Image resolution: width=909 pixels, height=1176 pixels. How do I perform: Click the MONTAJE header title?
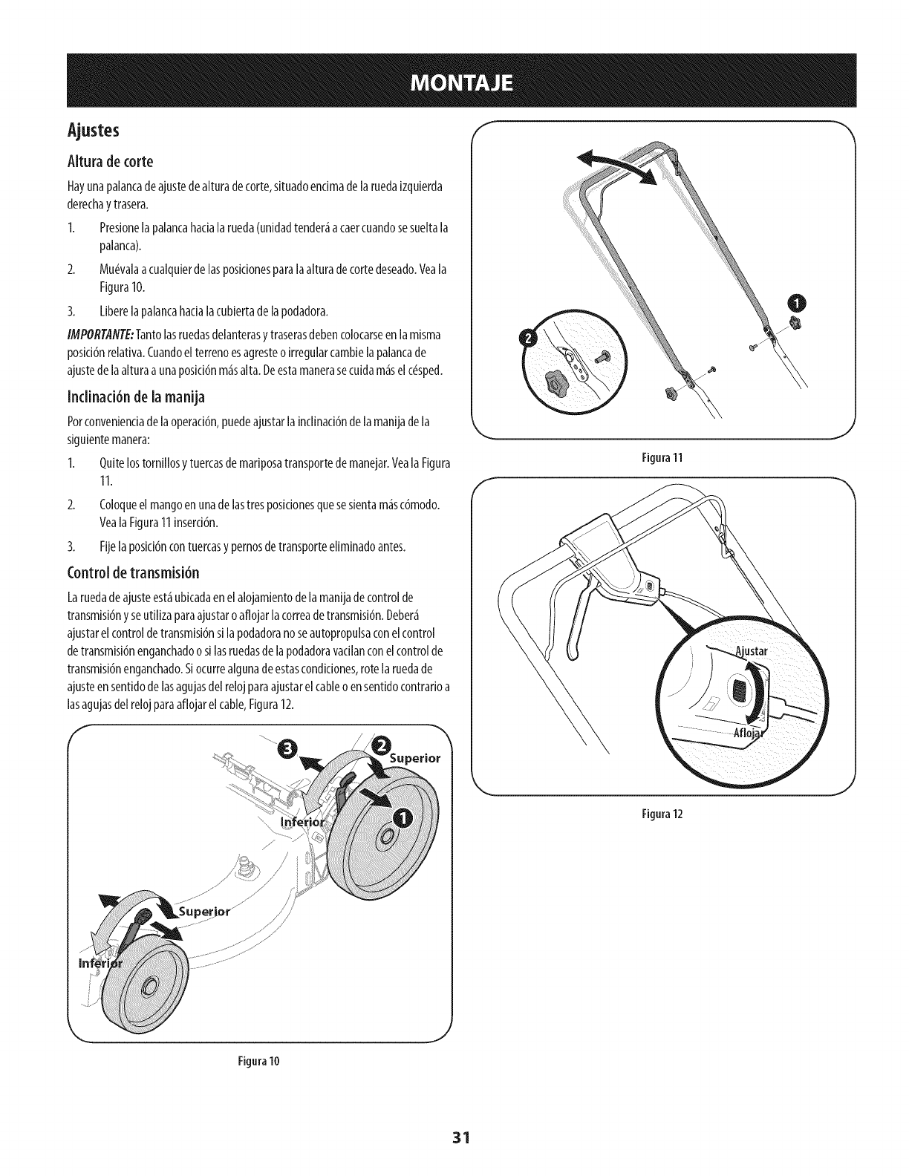click(x=454, y=82)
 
